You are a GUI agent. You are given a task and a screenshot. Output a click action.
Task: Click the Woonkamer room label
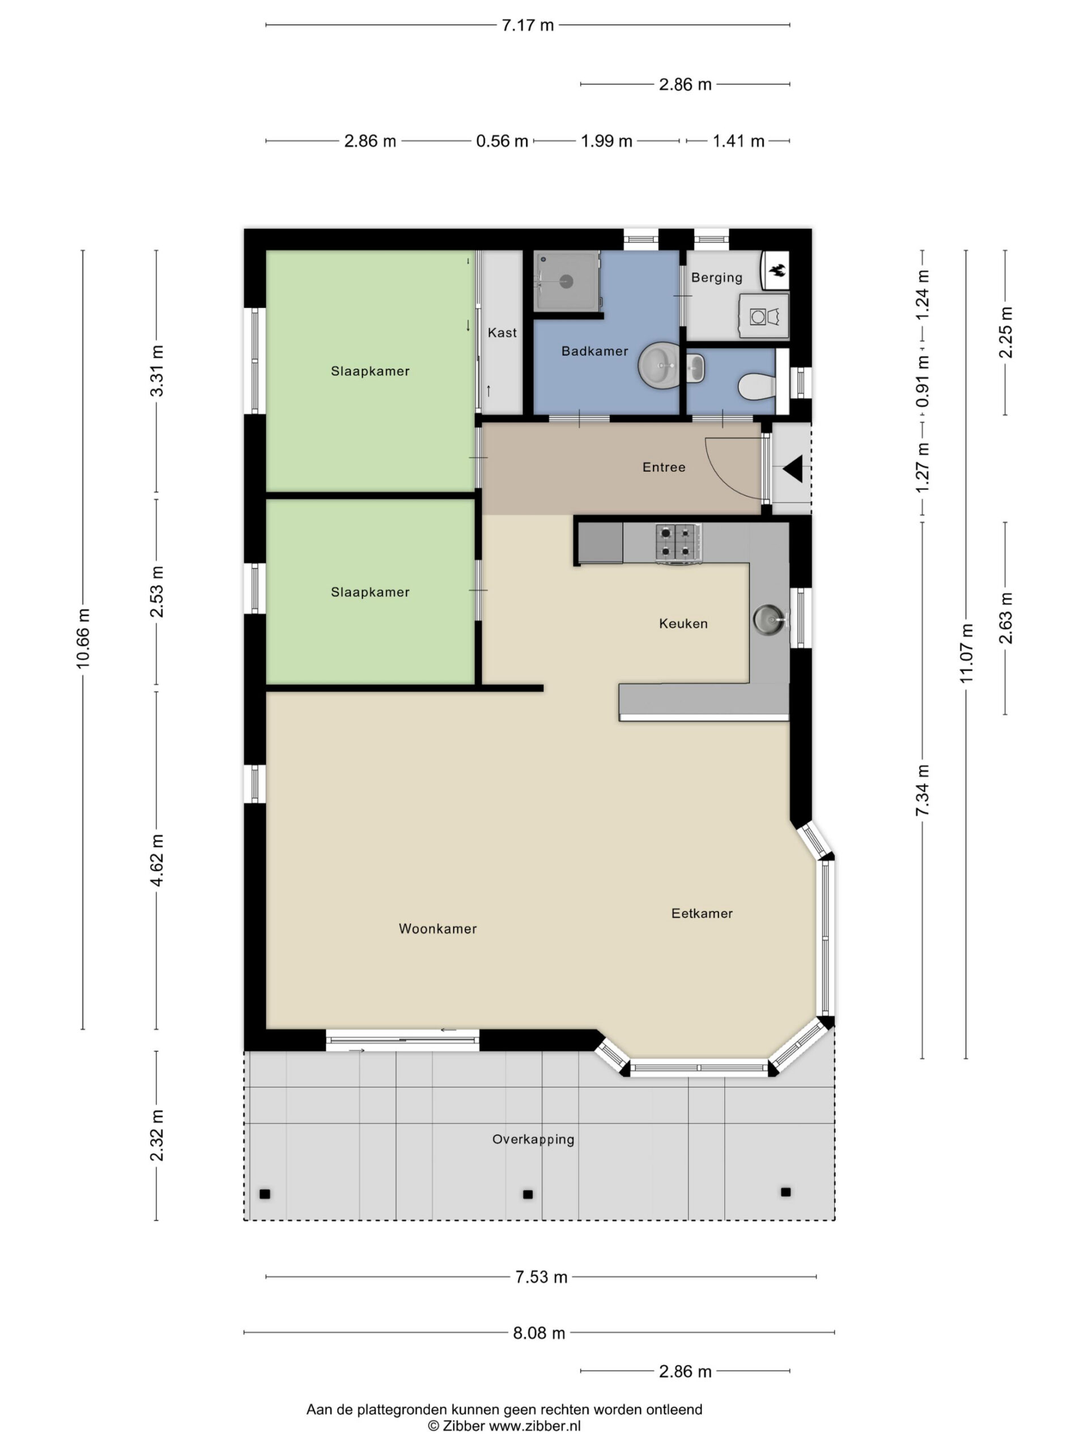pos(437,929)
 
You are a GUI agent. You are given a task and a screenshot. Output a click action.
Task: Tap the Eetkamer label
pos(702,913)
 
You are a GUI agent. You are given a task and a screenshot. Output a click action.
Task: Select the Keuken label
pos(683,624)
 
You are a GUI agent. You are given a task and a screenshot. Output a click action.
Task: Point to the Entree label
pos(664,467)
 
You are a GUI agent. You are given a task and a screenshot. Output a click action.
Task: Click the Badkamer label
pos(595,351)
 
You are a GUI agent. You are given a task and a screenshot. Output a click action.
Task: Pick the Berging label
pos(717,278)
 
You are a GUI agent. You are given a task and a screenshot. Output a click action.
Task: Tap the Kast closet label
pos(503,333)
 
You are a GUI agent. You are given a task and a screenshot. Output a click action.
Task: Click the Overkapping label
pos(533,1139)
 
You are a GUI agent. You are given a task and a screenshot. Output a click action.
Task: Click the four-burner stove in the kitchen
pos(678,543)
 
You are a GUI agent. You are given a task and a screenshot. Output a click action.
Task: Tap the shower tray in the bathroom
pos(567,281)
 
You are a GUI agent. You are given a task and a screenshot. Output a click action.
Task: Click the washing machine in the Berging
pos(763,316)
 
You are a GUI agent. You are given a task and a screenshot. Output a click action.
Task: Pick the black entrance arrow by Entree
pos(793,470)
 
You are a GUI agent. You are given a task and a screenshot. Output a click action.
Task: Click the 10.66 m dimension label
pos(83,638)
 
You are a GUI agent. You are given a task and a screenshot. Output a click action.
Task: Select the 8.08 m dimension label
pos(539,1333)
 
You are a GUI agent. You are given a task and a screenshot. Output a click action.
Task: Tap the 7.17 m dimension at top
pos(528,25)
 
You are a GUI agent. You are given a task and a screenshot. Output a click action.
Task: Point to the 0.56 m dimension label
pos(503,141)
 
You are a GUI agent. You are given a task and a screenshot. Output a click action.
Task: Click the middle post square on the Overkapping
pos(528,1195)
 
